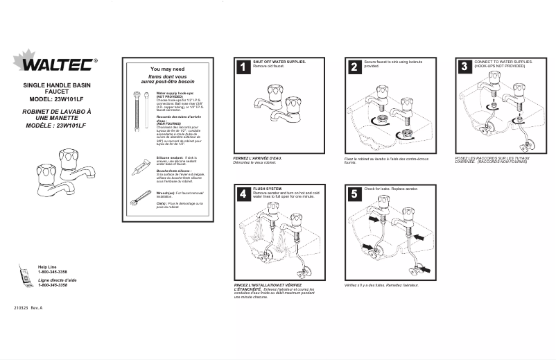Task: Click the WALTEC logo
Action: [x=57, y=65]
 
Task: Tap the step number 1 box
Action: [x=243, y=67]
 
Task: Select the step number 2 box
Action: [x=354, y=67]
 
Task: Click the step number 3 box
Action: [x=464, y=67]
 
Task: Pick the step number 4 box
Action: [x=243, y=194]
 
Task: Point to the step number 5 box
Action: [x=354, y=194]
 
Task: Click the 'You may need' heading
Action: [x=167, y=69]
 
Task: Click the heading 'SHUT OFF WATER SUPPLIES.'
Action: [x=279, y=62]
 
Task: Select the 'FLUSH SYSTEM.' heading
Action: [x=268, y=189]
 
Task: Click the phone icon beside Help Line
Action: [x=25, y=275]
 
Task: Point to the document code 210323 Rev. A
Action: [x=28, y=307]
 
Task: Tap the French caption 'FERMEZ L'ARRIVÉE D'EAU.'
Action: [x=258, y=158]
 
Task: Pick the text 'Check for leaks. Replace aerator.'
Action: [x=391, y=189]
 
